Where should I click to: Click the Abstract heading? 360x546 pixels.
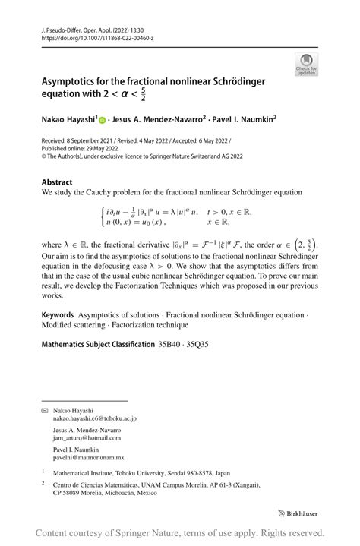pyautogui.click(x=57, y=182)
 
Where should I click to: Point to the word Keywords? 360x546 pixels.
pyautogui.click(x=58, y=314)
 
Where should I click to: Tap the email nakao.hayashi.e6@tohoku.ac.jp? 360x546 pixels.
pyautogui.click(x=94, y=418)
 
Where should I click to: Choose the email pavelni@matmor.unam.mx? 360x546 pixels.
pyautogui.click(x=88, y=459)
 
